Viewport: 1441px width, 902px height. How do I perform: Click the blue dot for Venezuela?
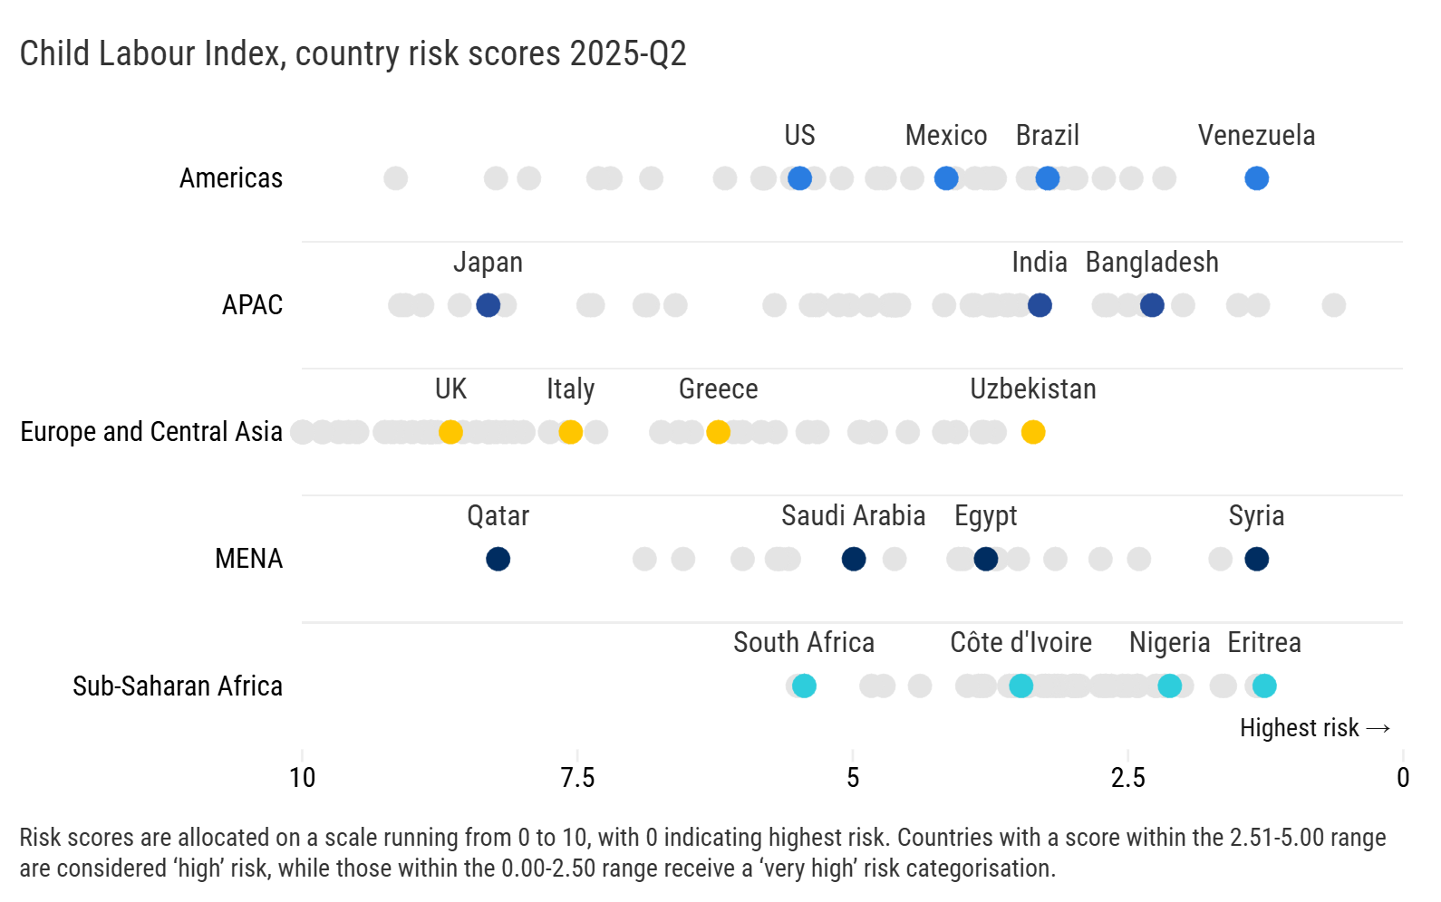pos(1256,178)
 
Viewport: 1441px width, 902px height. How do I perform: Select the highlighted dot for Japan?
pos(488,305)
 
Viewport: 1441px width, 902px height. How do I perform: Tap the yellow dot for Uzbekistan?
pos(1032,432)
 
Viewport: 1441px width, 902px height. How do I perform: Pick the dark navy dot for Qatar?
pos(498,559)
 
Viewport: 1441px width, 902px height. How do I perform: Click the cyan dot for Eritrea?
pos(1264,686)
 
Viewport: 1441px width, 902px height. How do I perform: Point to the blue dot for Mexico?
pos(945,178)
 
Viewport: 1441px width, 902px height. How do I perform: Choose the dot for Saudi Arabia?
pos(853,559)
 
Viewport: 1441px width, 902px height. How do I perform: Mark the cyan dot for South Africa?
pos(804,686)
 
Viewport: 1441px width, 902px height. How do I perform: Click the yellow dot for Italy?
pos(570,432)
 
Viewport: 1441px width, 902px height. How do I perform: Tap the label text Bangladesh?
pos(1151,263)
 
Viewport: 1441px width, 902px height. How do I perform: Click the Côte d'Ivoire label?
pos(1020,643)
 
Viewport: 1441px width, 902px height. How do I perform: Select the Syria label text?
pos(1256,516)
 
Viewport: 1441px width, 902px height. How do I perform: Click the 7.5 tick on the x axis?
pos(577,777)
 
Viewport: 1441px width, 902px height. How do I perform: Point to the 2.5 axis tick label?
pos(1127,777)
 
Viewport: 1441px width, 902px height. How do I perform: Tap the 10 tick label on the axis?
pos(303,777)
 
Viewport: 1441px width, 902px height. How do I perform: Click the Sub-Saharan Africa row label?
pos(178,686)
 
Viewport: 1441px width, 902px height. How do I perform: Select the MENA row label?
pos(248,559)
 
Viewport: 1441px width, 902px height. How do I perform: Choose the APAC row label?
pos(252,305)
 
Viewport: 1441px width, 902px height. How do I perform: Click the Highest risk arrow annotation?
pos(1314,728)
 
